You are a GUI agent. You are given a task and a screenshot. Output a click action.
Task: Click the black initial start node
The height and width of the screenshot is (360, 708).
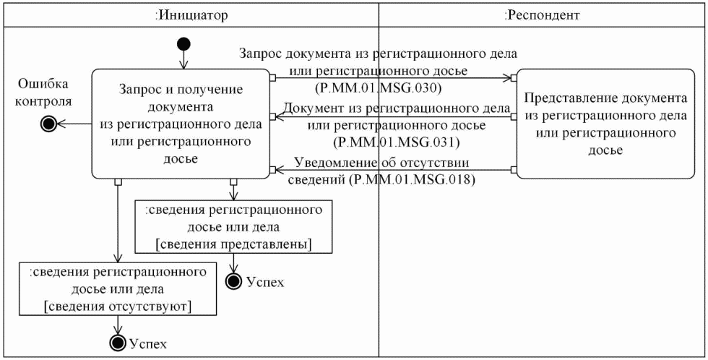coord(184,44)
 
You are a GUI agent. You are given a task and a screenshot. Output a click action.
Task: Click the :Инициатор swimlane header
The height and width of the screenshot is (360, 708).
coord(191,14)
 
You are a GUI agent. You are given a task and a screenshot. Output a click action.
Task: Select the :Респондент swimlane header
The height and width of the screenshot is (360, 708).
coord(542,14)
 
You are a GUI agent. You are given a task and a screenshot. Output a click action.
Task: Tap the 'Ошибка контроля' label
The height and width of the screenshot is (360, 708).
coord(45,91)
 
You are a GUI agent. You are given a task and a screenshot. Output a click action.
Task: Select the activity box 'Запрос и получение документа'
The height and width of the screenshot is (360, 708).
coord(181,124)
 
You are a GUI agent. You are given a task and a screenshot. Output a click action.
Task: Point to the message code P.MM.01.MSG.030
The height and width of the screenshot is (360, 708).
coord(379,88)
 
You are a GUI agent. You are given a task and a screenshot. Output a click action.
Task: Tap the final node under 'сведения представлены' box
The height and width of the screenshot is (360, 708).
coord(234,281)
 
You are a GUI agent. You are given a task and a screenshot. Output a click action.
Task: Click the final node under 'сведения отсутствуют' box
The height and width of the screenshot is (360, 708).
coord(117,343)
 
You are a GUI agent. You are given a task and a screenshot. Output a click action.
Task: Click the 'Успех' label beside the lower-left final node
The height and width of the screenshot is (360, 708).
coord(148,343)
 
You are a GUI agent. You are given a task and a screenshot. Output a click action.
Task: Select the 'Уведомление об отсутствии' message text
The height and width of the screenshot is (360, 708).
coord(381,163)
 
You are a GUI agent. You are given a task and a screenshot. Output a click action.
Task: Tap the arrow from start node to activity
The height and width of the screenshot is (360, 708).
coord(184,60)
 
